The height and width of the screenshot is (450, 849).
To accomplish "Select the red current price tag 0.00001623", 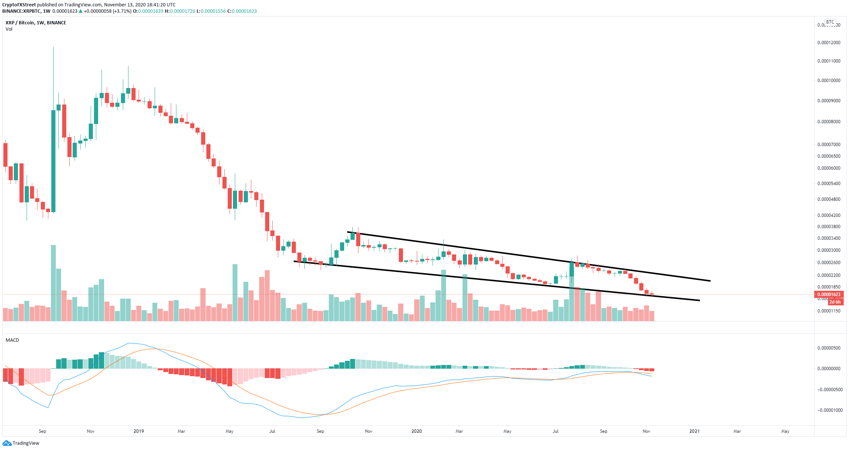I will tap(828, 295).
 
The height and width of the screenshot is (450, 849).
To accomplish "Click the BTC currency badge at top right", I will tap(830, 22).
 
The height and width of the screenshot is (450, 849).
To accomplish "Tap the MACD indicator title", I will tap(12, 340).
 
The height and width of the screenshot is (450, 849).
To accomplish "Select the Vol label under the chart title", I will tap(9, 29).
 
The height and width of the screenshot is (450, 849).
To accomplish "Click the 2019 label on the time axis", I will tap(139, 431).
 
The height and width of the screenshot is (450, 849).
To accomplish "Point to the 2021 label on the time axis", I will tap(694, 431).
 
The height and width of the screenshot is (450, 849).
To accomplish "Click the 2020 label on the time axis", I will tap(416, 431).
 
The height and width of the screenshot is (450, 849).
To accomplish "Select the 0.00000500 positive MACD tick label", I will tap(828, 348).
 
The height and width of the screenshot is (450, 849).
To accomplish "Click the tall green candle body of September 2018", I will tap(53, 161).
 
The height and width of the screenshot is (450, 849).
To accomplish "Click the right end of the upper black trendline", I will tap(710, 281).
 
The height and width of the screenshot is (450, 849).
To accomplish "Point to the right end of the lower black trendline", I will tap(699, 300).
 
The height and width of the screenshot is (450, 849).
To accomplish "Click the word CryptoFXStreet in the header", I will tap(19, 5).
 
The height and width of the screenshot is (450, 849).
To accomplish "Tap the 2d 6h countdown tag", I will tap(835, 302).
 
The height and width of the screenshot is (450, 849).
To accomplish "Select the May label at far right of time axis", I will tap(785, 431).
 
